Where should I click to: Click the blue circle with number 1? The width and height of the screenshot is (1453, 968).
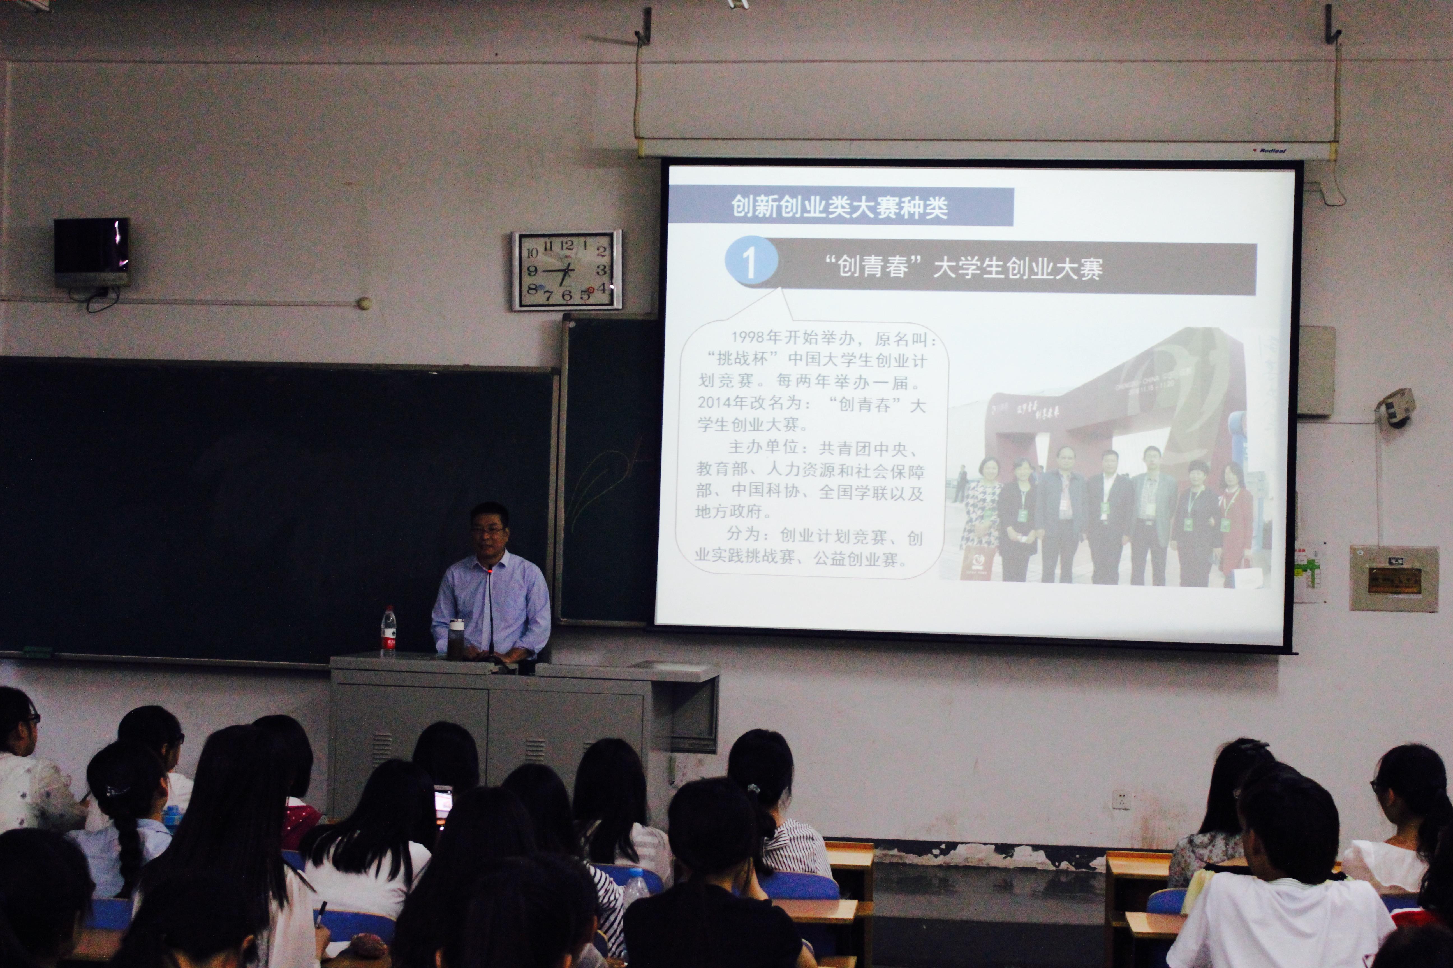tap(749, 262)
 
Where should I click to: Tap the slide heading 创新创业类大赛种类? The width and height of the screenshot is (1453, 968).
tap(839, 207)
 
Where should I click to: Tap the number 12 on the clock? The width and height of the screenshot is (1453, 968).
tap(566, 245)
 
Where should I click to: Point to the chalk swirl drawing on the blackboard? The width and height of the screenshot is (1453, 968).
tap(602, 488)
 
